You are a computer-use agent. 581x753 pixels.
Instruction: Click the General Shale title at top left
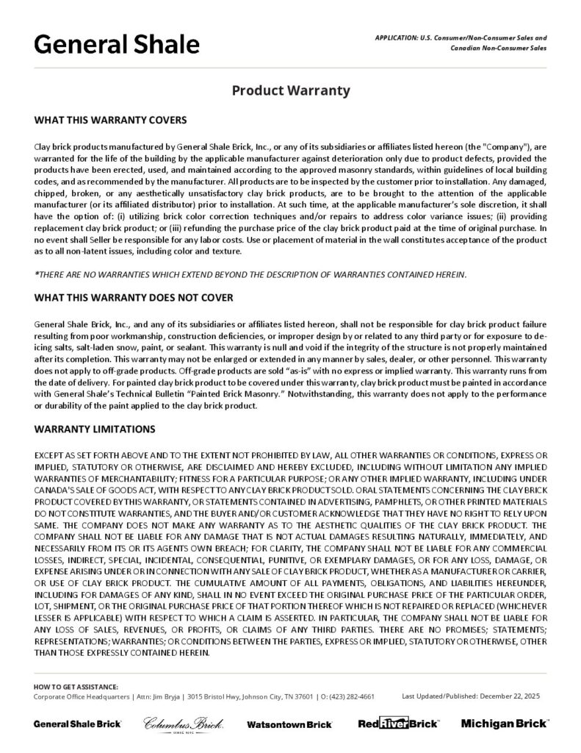117,46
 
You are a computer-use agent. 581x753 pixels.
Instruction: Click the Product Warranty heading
290,91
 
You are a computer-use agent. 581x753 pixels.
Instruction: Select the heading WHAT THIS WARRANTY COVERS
110,119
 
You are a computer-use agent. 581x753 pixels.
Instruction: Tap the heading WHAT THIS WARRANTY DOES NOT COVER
134,298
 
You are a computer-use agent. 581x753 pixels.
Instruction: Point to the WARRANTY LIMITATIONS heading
95,428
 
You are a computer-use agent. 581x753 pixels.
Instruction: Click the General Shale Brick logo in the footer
77,724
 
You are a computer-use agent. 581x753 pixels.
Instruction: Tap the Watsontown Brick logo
289,724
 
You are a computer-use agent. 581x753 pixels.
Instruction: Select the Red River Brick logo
398,724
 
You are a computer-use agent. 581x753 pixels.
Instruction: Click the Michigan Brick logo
503,724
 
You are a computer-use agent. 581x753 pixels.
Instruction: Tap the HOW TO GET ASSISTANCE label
76,685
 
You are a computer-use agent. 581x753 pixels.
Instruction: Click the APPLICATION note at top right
461,43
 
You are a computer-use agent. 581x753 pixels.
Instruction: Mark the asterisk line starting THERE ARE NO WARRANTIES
250,274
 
